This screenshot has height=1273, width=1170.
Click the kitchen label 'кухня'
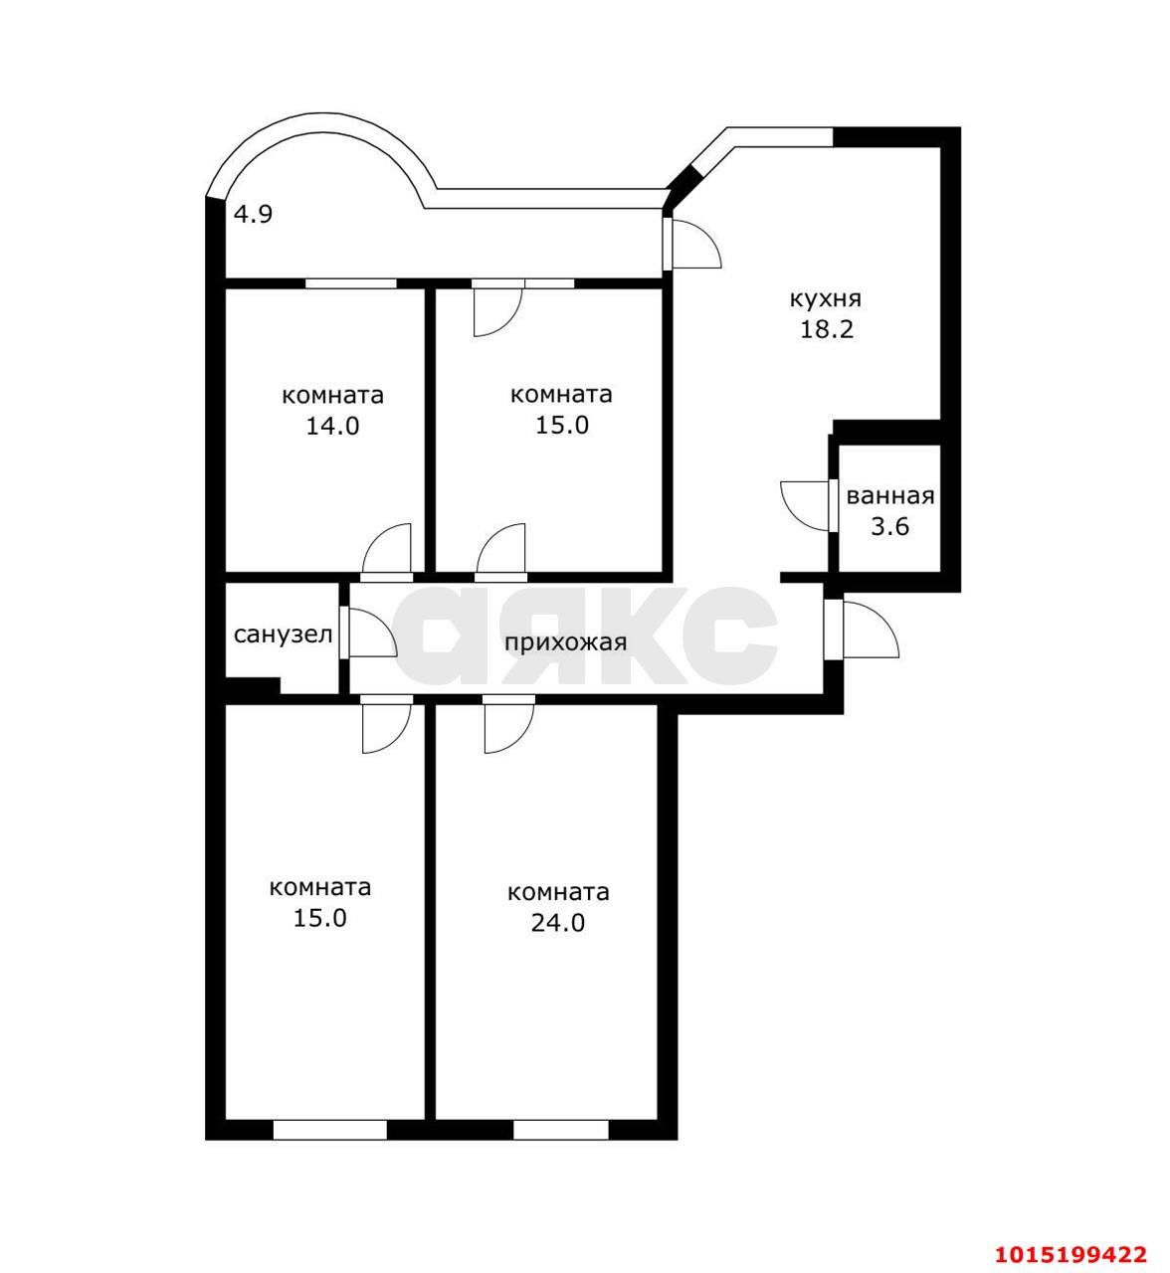826,299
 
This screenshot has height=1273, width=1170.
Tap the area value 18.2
826,330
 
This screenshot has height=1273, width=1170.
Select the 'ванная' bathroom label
890,496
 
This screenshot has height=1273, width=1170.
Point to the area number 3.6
890,527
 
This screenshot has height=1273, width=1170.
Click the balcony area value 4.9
254,215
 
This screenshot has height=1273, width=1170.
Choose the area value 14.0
332,426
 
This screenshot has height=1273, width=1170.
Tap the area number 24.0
558,923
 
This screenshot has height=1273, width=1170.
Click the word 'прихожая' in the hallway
566,642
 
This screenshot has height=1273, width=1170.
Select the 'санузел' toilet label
284,635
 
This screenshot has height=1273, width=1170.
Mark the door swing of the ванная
806,506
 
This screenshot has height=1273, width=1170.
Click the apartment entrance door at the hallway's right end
862,629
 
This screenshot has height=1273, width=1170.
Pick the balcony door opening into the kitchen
692,243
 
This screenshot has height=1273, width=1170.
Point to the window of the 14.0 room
351,283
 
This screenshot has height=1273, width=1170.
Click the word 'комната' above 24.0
558,892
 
